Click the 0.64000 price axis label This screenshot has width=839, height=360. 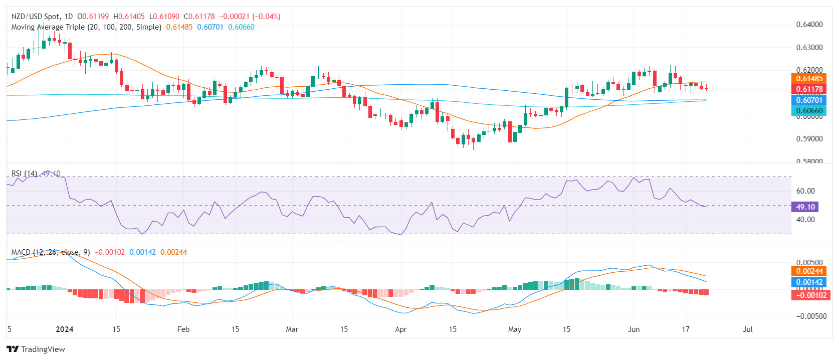coord(809,25)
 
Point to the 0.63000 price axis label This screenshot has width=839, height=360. coord(809,48)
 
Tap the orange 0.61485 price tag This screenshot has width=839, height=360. coord(809,79)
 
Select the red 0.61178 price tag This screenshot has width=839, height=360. coord(809,89)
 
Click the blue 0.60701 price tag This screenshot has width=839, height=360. coord(809,100)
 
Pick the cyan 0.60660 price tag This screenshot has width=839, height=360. coord(809,111)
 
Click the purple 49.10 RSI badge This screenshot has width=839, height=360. coord(805,207)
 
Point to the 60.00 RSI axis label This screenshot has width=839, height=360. coord(805,191)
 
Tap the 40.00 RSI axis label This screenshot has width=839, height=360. coord(805,220)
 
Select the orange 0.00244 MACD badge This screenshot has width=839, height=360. coord(809,271)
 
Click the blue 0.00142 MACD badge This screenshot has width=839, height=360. coord(809,282)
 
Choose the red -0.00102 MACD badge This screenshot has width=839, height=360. coord(809,295)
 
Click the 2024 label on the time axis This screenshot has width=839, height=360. coord(65,329)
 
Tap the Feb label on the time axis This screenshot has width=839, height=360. coord(183,329)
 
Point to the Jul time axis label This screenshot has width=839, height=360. coord(747,329)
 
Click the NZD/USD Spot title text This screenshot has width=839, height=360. coord(36,17)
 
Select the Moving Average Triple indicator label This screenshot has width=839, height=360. coord(86,27)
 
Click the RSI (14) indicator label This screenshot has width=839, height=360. coord(24,173)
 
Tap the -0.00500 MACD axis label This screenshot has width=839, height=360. coord(809,316)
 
